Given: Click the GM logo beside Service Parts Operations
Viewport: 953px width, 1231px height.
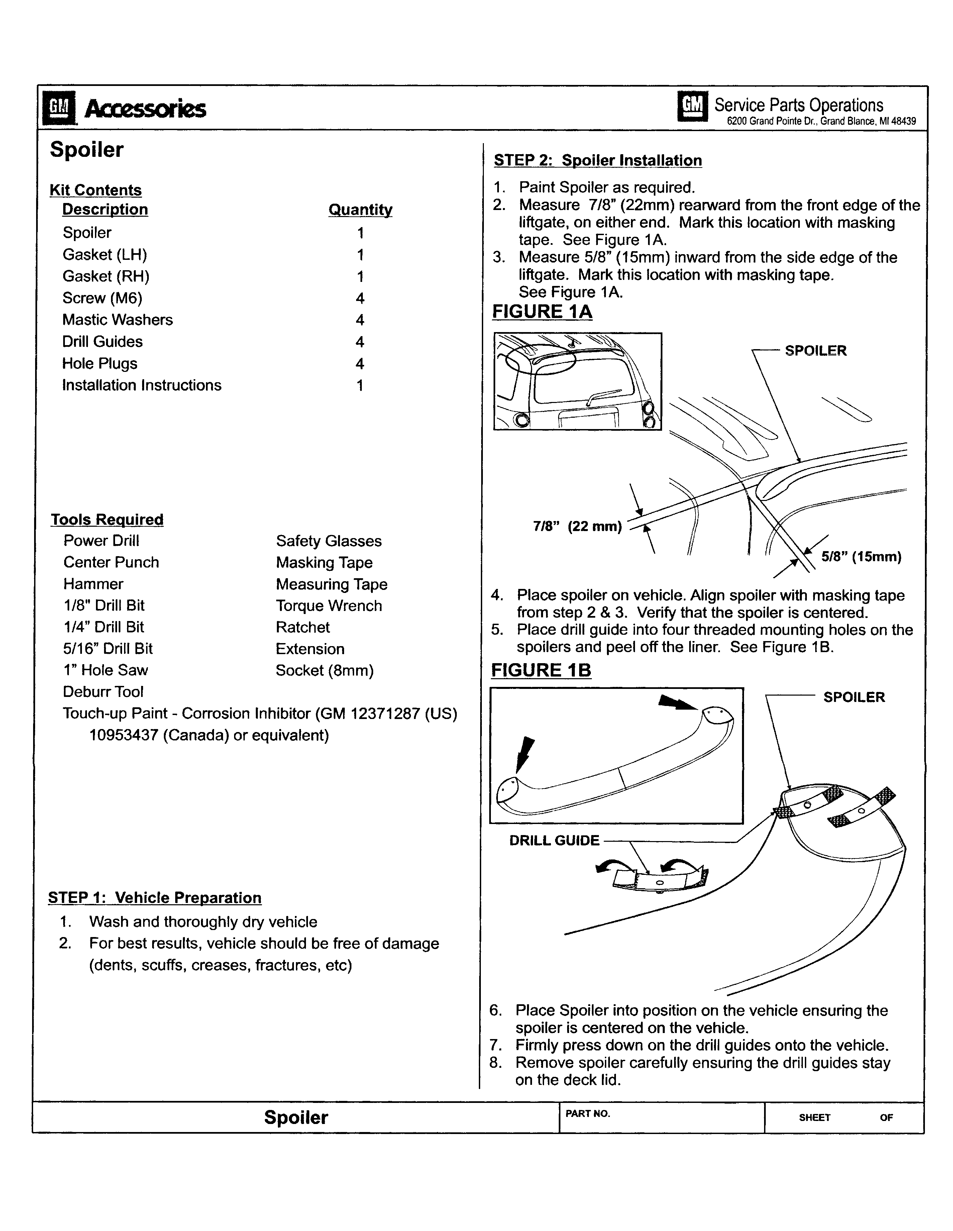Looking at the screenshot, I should (x=693, y=106).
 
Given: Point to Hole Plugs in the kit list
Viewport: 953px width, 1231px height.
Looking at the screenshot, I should (x=100, y=364).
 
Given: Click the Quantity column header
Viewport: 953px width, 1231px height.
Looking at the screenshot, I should (x=360, y=210).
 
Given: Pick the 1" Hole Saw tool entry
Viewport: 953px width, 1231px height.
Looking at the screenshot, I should (x=105, y=670).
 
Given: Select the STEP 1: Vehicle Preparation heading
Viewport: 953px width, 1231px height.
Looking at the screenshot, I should (x=155, y=897).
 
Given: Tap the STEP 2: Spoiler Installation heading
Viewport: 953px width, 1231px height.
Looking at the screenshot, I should (x=598, y=161).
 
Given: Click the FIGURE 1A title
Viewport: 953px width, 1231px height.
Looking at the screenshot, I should (x=542, y=312).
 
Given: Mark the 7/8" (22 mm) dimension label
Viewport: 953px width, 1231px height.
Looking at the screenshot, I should (x=577, y=526).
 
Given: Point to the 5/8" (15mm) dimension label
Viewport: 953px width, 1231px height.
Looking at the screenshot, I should (x=861, y=557).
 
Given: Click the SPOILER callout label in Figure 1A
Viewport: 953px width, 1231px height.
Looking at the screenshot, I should (x=816, y=350).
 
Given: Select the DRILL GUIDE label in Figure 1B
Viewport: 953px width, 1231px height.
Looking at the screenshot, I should (x=554, y=840).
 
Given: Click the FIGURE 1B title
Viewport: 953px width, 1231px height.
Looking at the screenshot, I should (x=541, y=670).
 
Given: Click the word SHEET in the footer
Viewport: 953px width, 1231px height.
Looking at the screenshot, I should (x=814, y=1118).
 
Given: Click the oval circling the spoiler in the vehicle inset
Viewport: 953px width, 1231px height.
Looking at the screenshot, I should (x=540, y=359).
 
